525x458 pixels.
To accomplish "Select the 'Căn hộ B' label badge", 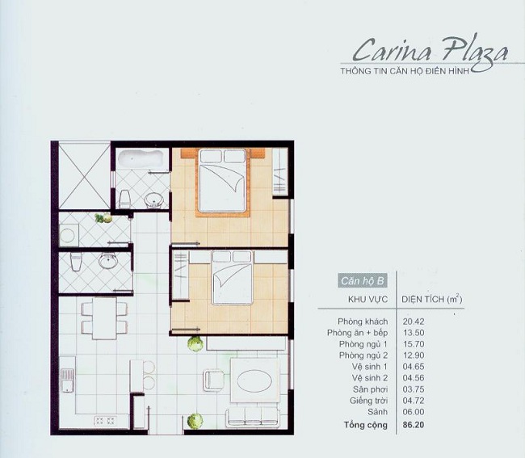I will pyautogui.click(x=363, y=281).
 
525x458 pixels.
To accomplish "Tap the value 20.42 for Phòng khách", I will pyautogui.click(x=414, y=321).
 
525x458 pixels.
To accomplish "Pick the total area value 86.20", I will pyautogui.click(x=414, y=424).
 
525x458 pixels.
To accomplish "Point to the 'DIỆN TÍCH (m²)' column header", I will pyautogui.click(x=431, y=299).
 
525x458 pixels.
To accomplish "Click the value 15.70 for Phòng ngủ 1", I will pyautogui.click(x=414, y=343).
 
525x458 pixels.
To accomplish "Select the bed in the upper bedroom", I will pyautogui.click(x=222, y=182).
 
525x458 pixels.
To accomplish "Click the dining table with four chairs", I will pyautogui.click(x=104, y=318).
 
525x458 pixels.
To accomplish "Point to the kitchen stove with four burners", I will pyautogui.click(x=104, y=420).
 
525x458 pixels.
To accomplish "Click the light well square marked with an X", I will pyautogui.click(x=84, y=174).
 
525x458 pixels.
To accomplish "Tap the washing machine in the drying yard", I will pyautogui.click(x=69, y=235).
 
